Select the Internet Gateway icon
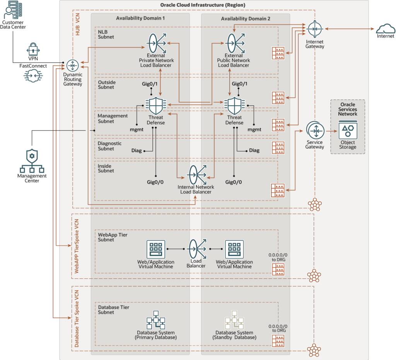[x=314, y=29]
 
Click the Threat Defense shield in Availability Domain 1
[x=156, y=105]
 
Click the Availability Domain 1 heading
[x=140, y=19]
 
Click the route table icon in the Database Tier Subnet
[x=278, y=341]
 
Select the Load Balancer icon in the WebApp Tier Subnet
[x=196, y=249]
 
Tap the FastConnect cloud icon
[x=33, y=76]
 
